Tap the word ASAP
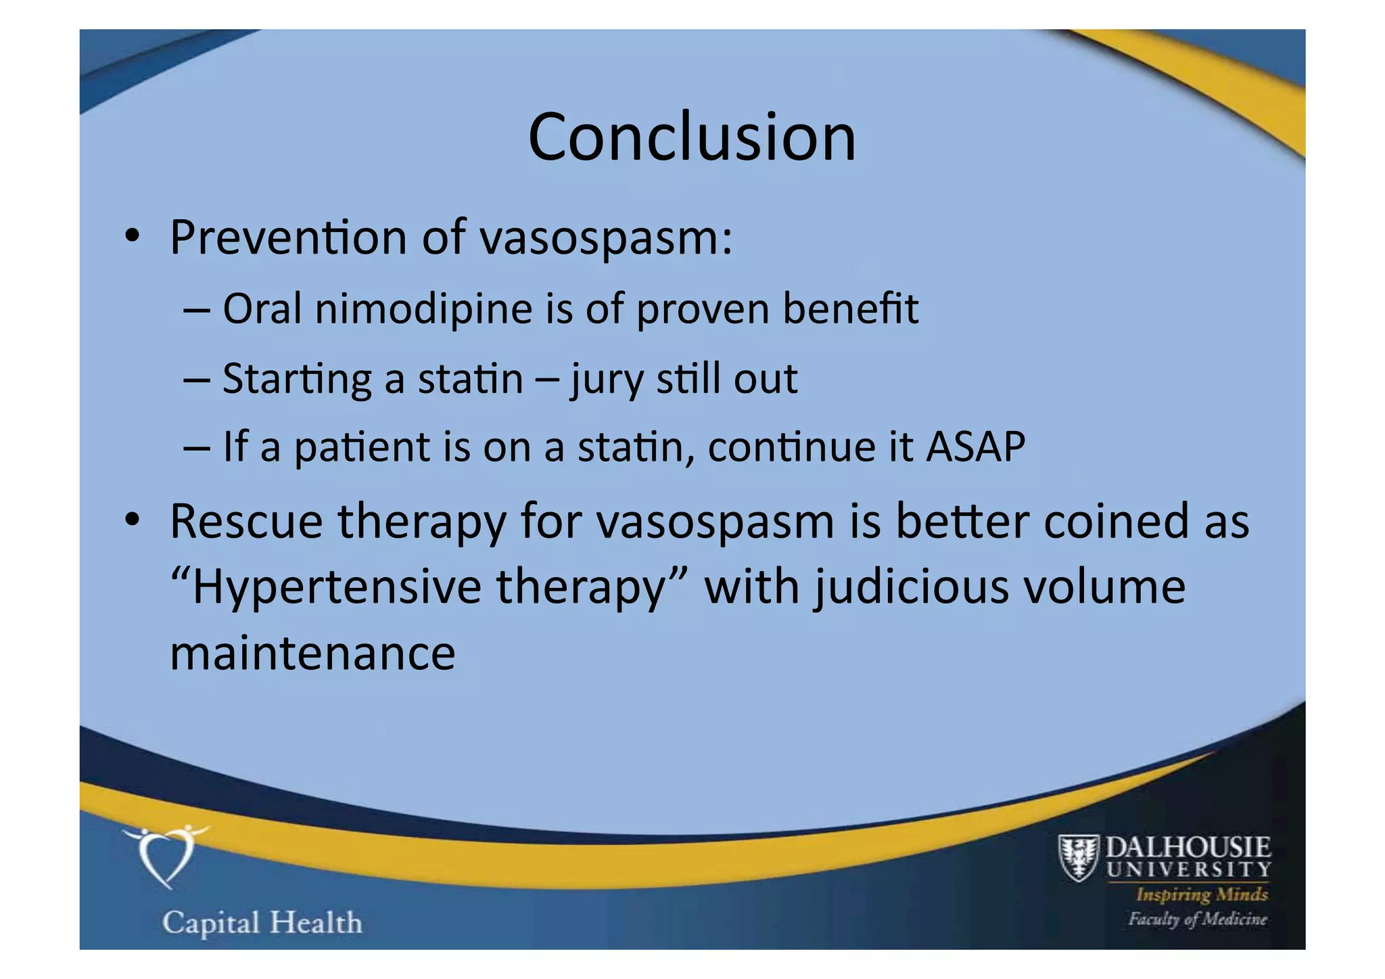click(975, 447)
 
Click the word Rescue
click(246, 522)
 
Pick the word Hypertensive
click(337, 587)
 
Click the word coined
click(1116, 522)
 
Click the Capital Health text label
click(262, 923)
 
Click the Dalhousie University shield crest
click(1078, 857)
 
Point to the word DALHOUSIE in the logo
click(1188, 847)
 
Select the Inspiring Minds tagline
click(1201, 894)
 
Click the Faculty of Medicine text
click(1197, 919)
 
